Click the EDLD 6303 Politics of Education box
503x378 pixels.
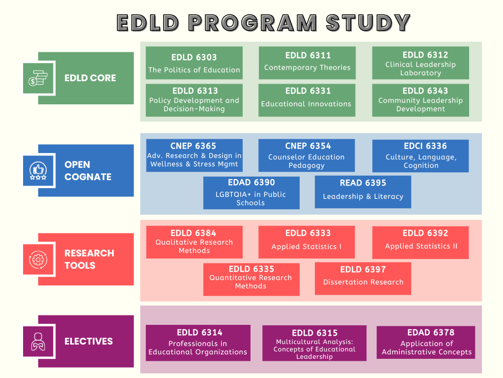[x=194, y=63]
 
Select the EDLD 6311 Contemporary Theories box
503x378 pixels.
[x=307, y=63]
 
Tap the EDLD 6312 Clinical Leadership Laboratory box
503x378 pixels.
[x=420, y=63]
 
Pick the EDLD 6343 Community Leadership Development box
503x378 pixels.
[x=420, y=100]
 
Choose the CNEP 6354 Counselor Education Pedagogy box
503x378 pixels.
[x=307, y=156]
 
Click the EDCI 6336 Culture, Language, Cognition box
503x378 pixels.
[x=420, y=156]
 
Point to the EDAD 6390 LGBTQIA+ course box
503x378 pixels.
[x=251, y=193]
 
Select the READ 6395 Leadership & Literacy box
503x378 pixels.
[x=363, y=192]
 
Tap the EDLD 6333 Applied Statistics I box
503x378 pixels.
[x=307, y=242]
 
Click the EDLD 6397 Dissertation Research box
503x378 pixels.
[x=363, y=278]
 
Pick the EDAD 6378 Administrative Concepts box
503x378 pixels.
[x=426, y=342]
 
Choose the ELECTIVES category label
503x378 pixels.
[x=88, y=341]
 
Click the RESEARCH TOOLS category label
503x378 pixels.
[x=89, y=259]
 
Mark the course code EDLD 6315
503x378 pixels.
[x=314, y=333]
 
